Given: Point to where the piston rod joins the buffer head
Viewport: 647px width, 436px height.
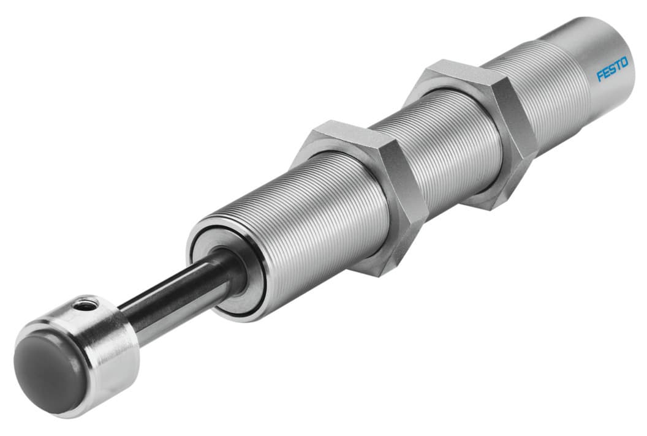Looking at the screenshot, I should (x=126, y=315).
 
